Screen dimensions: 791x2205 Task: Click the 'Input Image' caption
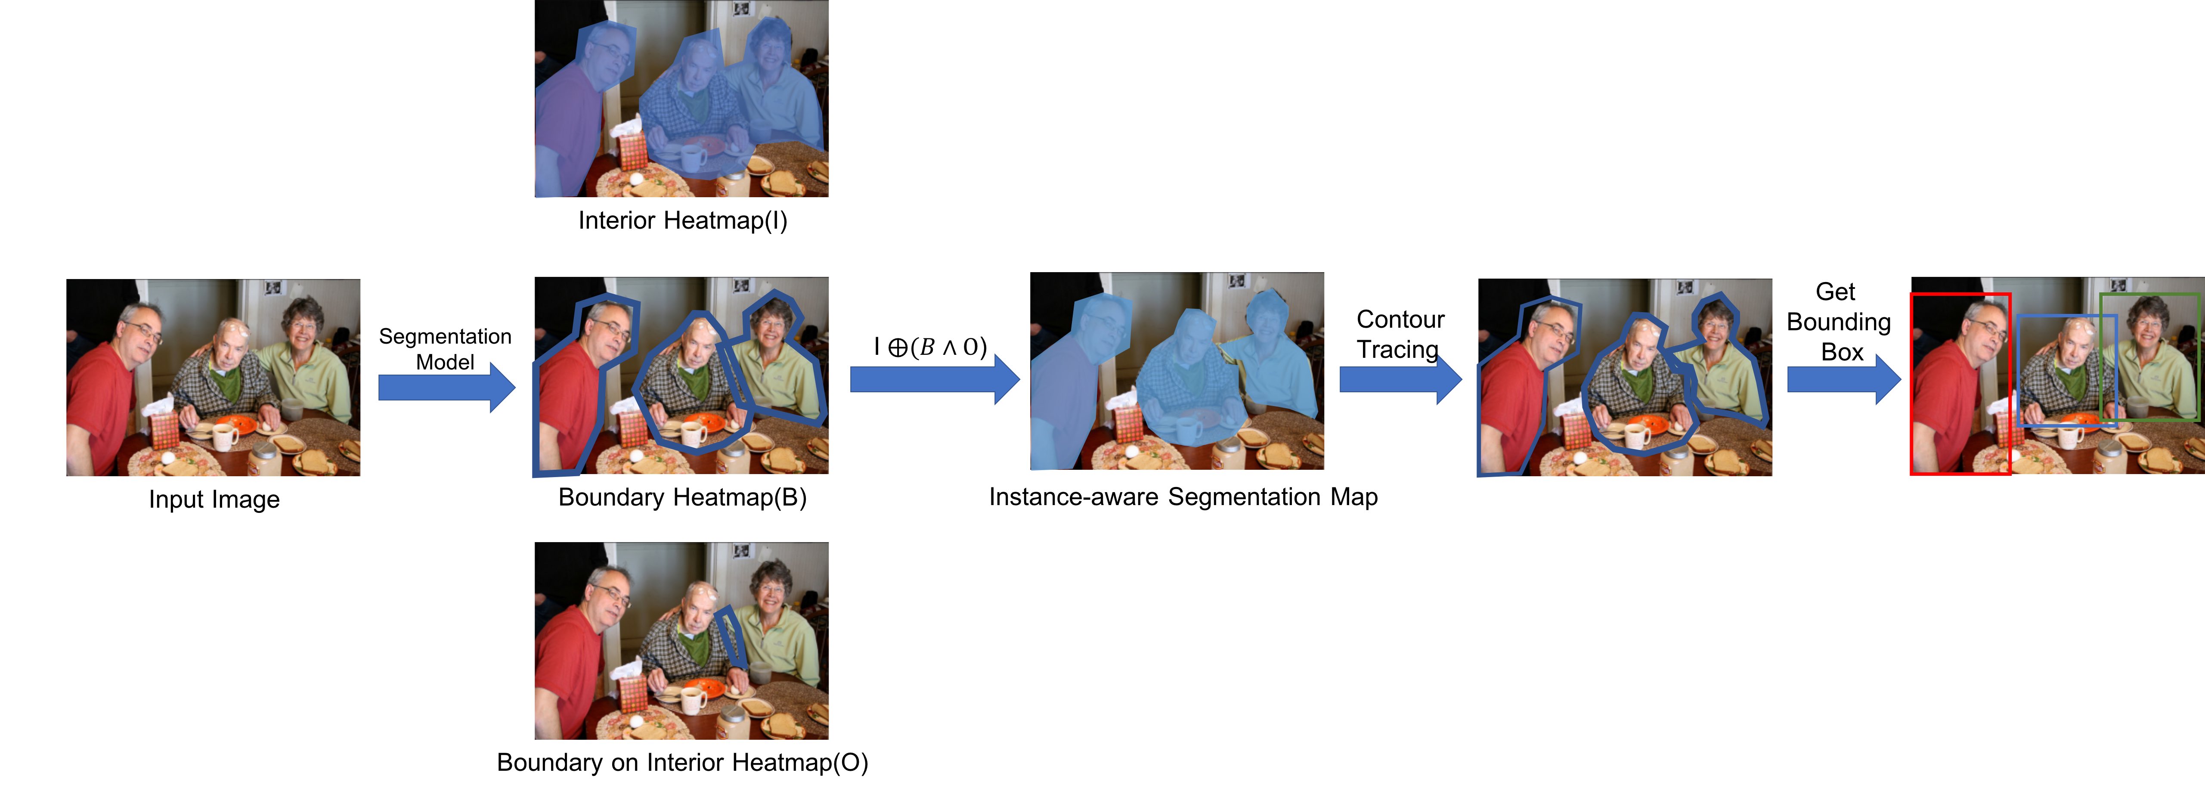tap(214, 499)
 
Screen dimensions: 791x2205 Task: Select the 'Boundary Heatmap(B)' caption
tap(682, 497)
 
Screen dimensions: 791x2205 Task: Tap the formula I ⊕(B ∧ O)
tap(930, 347)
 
